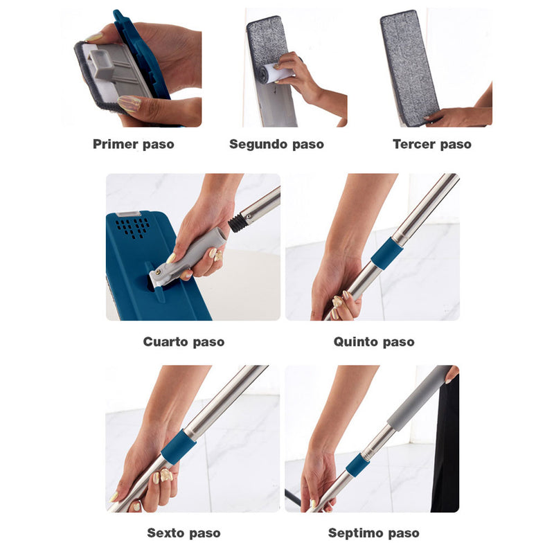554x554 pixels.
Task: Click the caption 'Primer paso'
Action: click(x=133, y=144)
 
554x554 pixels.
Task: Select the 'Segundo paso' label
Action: click(x=276, y=144)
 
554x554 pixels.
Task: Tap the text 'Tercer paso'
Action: click(x=431, y=144)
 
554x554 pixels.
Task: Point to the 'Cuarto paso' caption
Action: click(x=184, y=341)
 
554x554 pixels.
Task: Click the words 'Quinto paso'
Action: click(x=374, y=341)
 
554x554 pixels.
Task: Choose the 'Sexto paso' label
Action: click(x=184, y=533)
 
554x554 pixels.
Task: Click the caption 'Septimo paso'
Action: click(x=373, y=533)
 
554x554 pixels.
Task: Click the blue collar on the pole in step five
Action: click(x=386, y=254)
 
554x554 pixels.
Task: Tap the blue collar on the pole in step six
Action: click(x=179, y=447)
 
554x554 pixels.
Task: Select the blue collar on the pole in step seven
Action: click(x=358, y=465)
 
